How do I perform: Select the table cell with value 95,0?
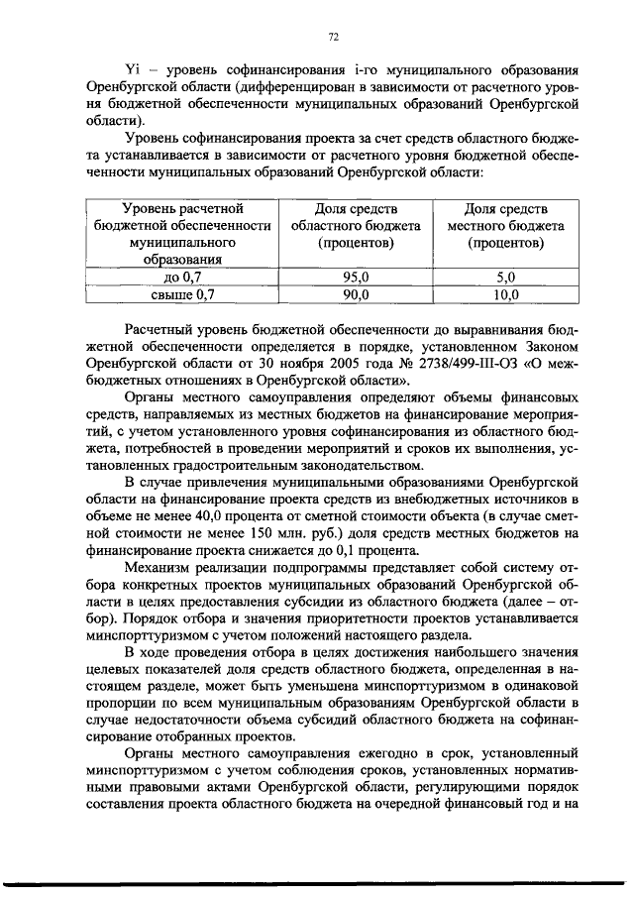pyautogui.click(x=355, y=278)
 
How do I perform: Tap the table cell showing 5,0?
pyautogui.click(x=505, y=278)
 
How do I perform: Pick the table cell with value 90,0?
pyautogui.click(x=355, y=294)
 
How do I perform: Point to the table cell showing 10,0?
pyautogui.click(x=505, y=294)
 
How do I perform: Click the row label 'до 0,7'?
pyautogui.click(x=181, y=278)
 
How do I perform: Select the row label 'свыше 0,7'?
pyautogui.click(x=181, y=294)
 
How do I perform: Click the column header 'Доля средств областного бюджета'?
pyautogui.click(x=356, y=225)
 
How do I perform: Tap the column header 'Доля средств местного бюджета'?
pyautogui.click(x=505, y=225)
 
